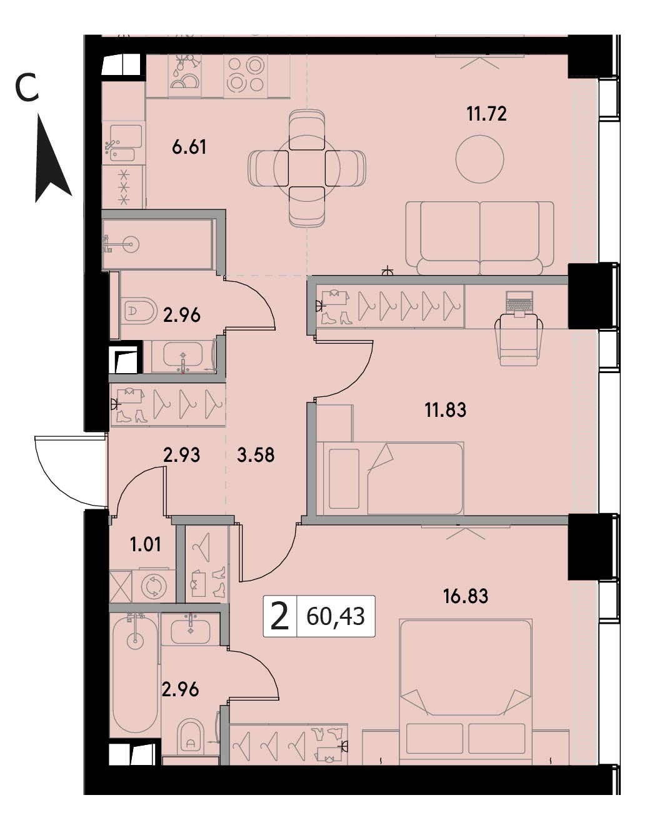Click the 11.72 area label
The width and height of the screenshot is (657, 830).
486,114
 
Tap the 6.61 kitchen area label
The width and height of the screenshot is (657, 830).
189,147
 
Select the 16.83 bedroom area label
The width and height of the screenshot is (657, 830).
466,596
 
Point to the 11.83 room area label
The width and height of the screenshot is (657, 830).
446,409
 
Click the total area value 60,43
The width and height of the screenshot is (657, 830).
335,617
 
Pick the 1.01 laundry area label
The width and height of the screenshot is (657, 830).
146,545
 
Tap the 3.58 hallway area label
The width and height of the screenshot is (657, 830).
256,455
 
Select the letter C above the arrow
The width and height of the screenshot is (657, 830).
27,89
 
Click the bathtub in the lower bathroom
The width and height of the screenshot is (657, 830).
135,673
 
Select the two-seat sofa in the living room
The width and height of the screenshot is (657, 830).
479,238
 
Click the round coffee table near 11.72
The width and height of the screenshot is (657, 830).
479,159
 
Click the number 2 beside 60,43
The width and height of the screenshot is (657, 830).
279,617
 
